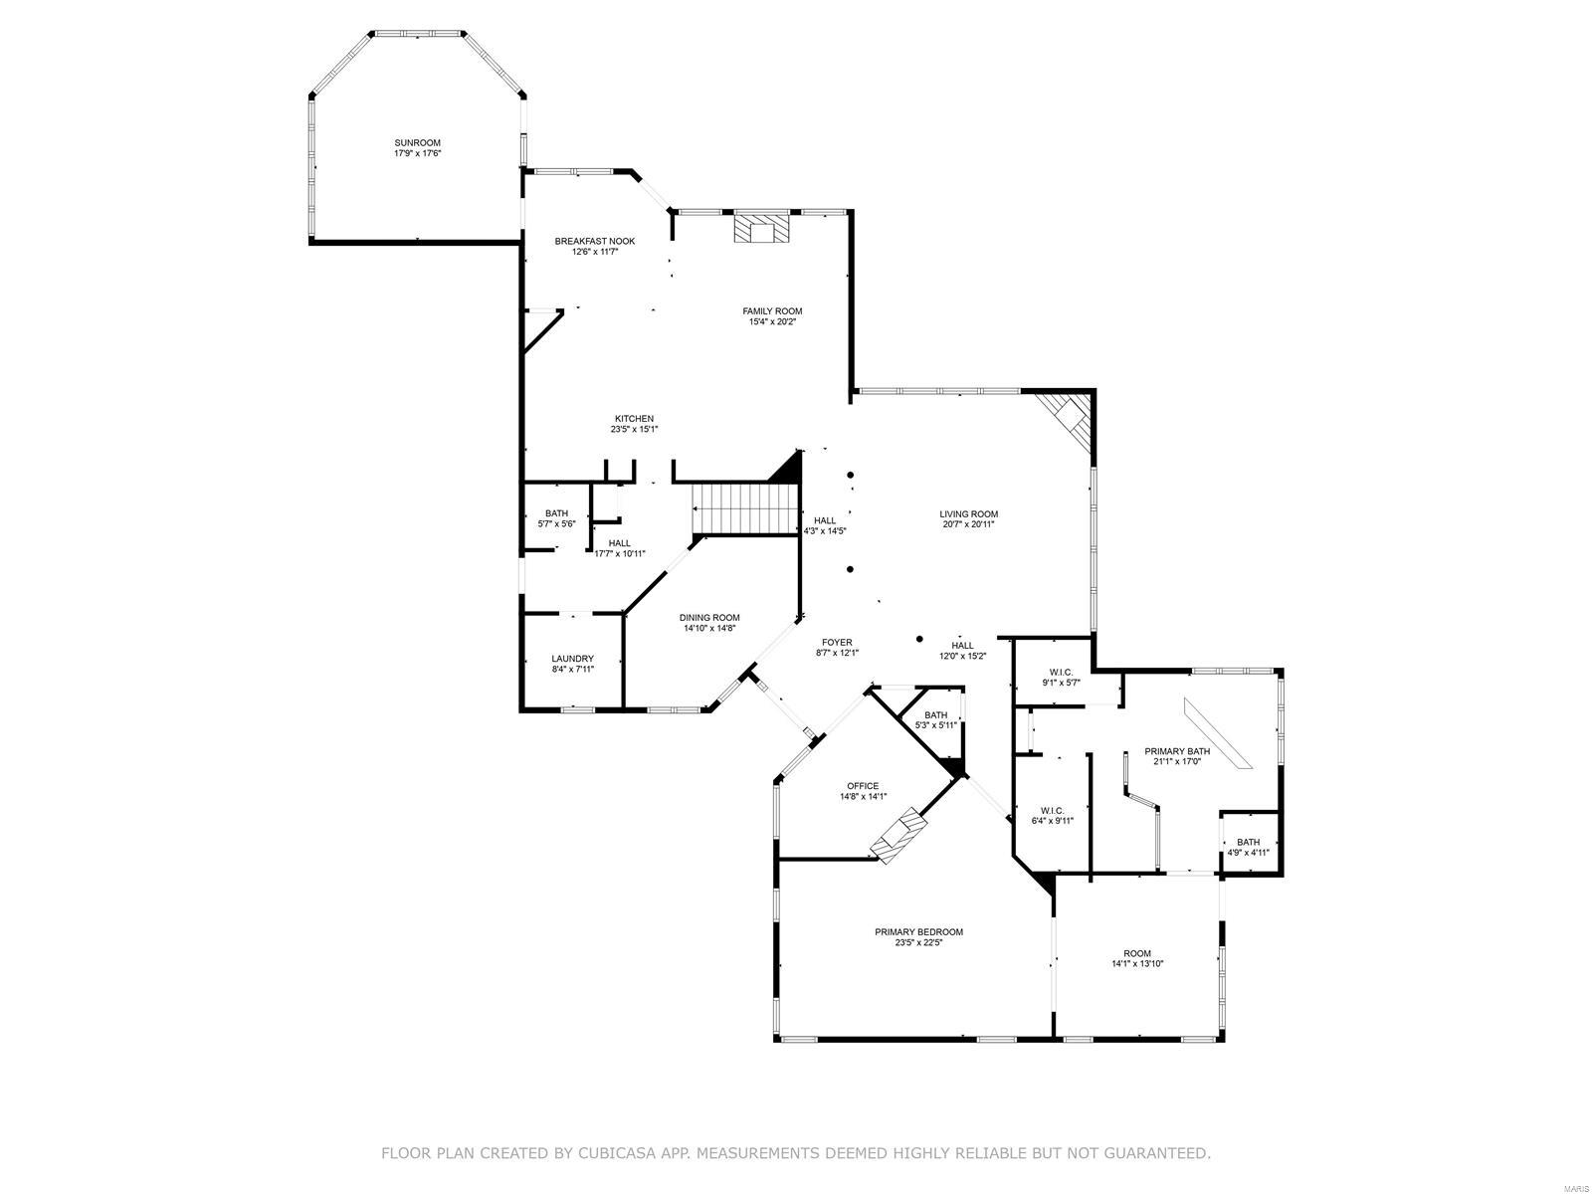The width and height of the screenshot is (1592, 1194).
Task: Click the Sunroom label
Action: click(x=417, y=143)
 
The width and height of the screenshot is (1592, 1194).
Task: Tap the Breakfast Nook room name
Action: click(x=594, y=242)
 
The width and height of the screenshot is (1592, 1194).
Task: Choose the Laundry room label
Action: click(x=572, y=659)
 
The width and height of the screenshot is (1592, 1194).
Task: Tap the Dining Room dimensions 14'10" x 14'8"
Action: click(x=709, y=629)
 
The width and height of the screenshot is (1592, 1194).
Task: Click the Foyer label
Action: click(x=837, y=642)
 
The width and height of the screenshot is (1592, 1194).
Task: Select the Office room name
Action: click(x=863, y=786)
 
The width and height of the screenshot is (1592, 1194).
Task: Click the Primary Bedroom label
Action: click(x=918, y=932)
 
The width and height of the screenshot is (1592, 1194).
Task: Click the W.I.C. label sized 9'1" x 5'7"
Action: click(x=1061, y=672)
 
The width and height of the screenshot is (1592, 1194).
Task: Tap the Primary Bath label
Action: click(x=1177, y=751)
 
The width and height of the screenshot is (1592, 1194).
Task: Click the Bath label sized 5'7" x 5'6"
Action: click(x=556, y=513)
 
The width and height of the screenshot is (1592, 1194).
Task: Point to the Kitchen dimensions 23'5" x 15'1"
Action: click(x=634, y=430)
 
